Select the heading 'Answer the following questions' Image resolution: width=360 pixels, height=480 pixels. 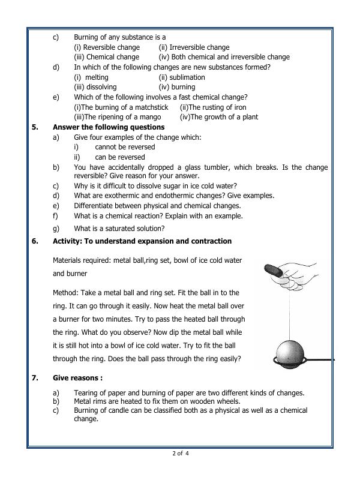point(109,127)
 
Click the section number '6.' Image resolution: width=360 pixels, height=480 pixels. point(35,241)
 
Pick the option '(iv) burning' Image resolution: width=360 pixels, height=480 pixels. point(176,87)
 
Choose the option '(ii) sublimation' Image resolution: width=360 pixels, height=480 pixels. point(181,77)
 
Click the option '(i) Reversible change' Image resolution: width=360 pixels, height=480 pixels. point(106,47)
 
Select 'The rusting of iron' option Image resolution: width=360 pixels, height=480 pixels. point(213,107)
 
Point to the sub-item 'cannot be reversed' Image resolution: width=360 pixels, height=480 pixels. point(125,147)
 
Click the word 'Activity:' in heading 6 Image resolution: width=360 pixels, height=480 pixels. point(69,241)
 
